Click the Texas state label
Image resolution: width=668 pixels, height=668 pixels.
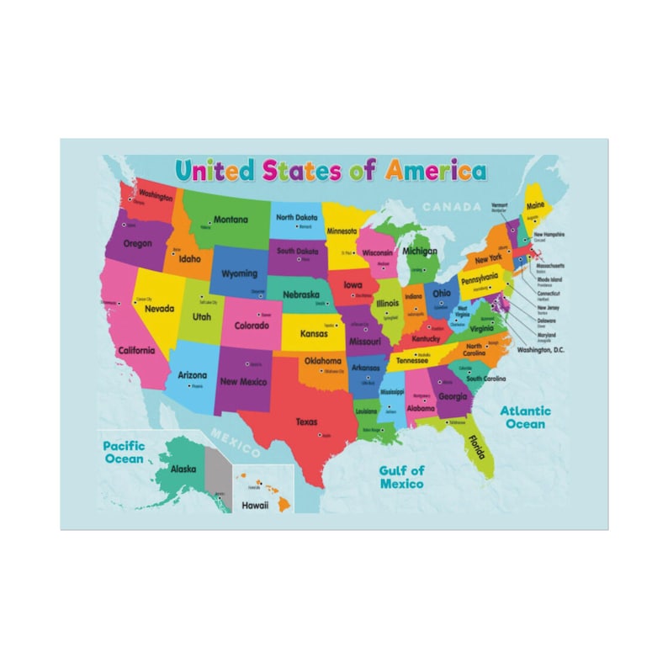tap(306, 421)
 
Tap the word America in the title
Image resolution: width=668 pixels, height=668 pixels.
tap(435, 171)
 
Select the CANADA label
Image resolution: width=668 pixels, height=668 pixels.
tap(451, 207)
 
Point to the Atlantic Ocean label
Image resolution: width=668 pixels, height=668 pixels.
tap(526, 417)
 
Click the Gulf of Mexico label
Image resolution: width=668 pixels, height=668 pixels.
tap(401, 477)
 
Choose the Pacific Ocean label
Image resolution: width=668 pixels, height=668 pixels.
tap(124, 453)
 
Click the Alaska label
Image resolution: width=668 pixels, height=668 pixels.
tap(183, 469)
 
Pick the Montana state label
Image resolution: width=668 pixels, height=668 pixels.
tap(230, 220)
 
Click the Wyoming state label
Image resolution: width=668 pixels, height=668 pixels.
tap(239, 273)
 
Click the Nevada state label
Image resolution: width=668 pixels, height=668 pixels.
tap(159, 309)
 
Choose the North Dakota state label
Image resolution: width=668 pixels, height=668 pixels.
tap(296, 217)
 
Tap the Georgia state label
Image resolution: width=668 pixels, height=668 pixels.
tap(453, 396)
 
